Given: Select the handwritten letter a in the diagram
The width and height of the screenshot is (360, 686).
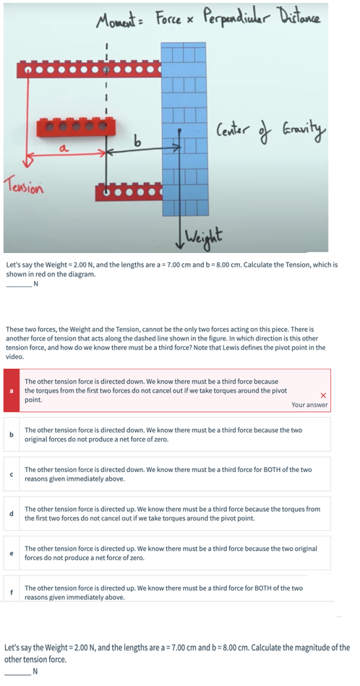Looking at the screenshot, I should [63, 150].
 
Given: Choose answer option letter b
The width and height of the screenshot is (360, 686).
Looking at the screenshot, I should [11, 435].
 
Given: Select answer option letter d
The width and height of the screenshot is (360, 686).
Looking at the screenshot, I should [11, 514].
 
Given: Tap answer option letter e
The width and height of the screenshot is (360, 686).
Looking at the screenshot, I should [11, 553].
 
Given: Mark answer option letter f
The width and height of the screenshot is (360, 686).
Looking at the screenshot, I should [11, 593].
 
